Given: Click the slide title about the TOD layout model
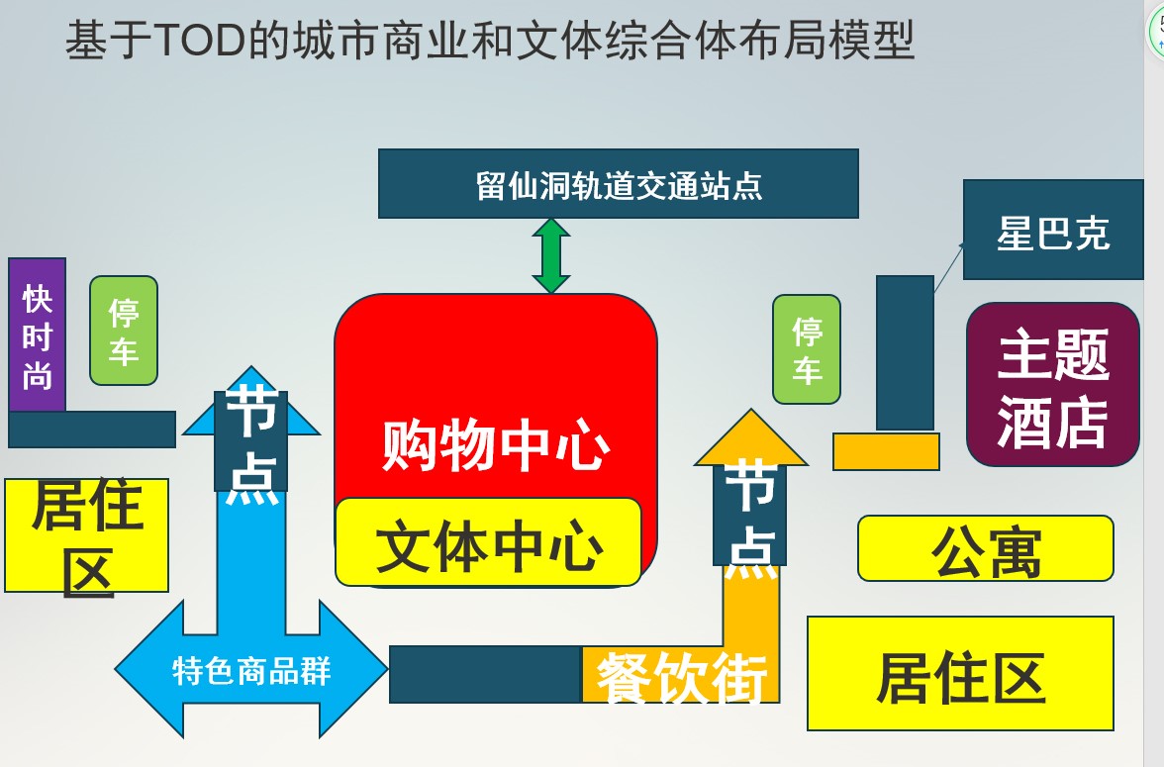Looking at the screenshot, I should pyautogui.click(x=490, y=42).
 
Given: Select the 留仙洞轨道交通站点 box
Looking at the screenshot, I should pyautogui.click(x=619, y=184).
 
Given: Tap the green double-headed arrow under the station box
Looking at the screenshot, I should pyautogui.click(x=551, y=255).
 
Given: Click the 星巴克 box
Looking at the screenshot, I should pyautogui.click(x=1053, y=231).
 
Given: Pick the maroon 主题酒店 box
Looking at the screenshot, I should pyautogui.click(x=1053, y=385).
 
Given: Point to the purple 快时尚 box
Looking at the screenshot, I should pyautogui.click(x=38, y=336).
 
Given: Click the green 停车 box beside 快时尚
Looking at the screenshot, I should pyautogui.click(x=124, y=331).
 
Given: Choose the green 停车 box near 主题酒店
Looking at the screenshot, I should pyautogui.click(x=807, y=349).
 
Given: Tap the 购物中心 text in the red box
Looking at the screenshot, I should pyautogui.click(x=495, y=446).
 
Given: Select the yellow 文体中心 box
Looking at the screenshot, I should pyautogui.click(x=488, y=542).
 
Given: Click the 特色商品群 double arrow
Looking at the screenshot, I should pyautogui.click(x=251, y=670).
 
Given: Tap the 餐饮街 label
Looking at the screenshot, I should pyautogui.click(x=681, y=677).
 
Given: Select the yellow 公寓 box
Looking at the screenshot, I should pyautogui.click(x=986, y=548).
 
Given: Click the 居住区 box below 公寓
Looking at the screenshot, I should pyautogui.click(x=960, y=674).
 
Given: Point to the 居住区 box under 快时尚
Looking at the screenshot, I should pyautogui.click(x=87, y=535).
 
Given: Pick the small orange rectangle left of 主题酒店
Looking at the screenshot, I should pyautogui.click(x=886, y=451).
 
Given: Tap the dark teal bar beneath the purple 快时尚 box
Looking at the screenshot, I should pyautogui.click(x=92, y=430).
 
